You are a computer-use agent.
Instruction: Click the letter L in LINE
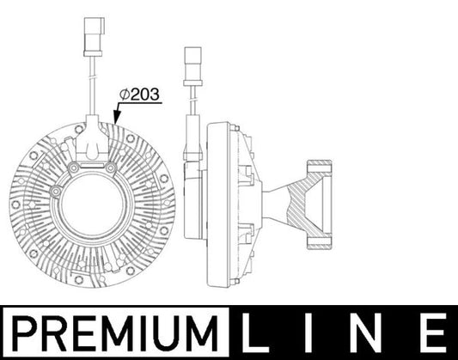[x=255, y=331]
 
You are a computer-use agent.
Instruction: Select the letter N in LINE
[x=365, y=331]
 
